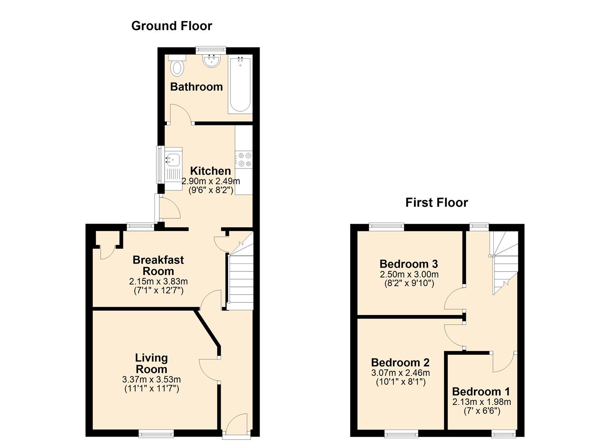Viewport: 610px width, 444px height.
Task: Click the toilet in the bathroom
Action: [x=177, y=65]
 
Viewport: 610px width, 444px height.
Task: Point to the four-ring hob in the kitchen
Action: [x=244, y=160]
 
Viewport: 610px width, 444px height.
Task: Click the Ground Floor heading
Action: [x=172, y=26]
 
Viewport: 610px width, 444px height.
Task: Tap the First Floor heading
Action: [x=437, y=203]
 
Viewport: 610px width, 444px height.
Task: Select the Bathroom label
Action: [x=196, y=87]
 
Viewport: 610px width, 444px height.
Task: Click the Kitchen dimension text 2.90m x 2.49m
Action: [x=211, y=181]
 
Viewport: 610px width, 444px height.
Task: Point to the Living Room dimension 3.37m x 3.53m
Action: [x=152, y=379]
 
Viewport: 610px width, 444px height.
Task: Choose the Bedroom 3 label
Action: [x=409, y=264]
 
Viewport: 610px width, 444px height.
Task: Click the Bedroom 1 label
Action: [x=481, y=392]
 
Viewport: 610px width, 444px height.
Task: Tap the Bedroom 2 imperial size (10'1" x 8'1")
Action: [x=401, y=382]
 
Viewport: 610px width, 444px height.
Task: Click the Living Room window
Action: [x=156, y=433]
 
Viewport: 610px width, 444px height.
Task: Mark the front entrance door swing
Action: [x=236, y=422]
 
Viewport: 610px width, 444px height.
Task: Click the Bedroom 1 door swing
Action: [x=504, y=363]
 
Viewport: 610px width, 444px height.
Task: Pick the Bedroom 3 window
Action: [x=387, y=227]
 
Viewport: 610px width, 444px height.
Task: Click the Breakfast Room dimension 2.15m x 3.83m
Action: [x=158, y=281]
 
